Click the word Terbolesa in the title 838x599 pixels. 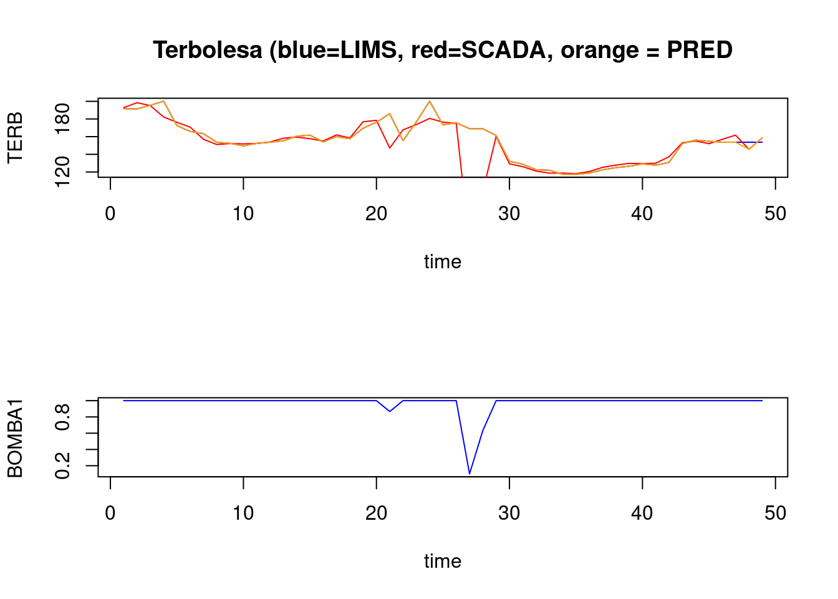point(208,50)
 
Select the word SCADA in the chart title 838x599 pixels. point(503,50)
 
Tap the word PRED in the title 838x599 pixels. point(699,50)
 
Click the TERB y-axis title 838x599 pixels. point(15,137)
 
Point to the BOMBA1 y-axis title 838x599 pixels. point(15,437)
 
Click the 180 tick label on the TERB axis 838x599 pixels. point(63,119)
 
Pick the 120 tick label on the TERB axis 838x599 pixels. point(63,172)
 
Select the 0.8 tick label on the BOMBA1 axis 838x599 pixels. point(63,417)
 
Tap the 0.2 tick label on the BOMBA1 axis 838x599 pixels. point(63,466)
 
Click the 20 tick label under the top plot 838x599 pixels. point(376,214)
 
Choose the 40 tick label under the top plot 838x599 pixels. point(642,214)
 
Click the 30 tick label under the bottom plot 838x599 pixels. point(509,514)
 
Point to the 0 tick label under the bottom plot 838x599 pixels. point(110,514)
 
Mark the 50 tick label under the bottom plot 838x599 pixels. point(775,514)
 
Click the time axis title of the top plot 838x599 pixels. point(443,261)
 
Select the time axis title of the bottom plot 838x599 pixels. point(443,561)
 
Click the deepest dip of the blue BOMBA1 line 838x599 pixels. point(470,474)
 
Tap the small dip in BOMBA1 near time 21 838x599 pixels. point(390,411)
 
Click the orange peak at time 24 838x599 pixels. point(430,101)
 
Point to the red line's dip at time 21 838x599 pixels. point(390,148)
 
